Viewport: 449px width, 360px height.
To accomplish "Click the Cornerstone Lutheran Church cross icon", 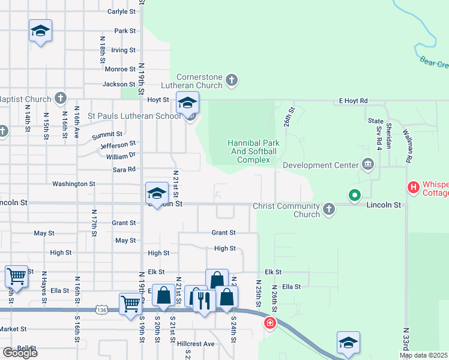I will point(232,79).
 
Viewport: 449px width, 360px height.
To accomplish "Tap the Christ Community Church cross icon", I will point(328,209).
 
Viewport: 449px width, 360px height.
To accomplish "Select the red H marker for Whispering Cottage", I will point(413,188).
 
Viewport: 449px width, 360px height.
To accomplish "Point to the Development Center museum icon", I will point(367,164).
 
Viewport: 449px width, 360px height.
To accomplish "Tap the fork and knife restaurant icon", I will point(204,298).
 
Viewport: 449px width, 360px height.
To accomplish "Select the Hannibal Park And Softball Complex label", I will point(252,151).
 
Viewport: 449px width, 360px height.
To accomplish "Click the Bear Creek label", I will point(433,62).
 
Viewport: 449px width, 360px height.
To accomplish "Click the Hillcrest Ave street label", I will point(196,344).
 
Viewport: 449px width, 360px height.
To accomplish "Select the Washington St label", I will point(74,184).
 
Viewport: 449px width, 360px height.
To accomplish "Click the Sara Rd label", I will point(124,170).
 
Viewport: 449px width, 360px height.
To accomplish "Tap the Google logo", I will point(20,353).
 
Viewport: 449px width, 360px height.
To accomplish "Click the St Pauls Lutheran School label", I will point(133,116).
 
